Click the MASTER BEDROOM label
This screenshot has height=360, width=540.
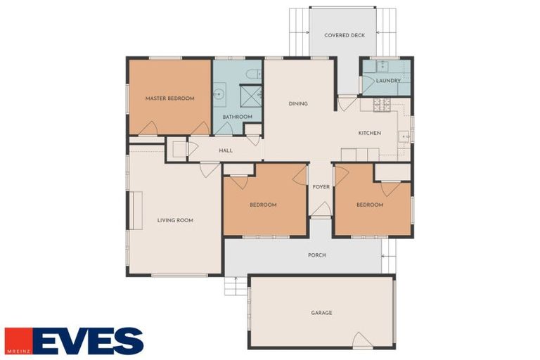pyautogui.click(x=169, y=98)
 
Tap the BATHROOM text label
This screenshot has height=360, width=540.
pyautogui.click(x=237, y=117)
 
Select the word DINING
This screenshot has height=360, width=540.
pyautogui.click(x=298, y=104)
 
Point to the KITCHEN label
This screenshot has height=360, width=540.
pyautogui.click(x=369, y=133)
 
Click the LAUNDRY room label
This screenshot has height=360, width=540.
pyautogui.click(x=388, y=81)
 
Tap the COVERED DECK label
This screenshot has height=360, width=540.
pyautogui.click(x=345, y=35)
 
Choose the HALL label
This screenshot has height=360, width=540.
pyautogui.click(x=226, y=150)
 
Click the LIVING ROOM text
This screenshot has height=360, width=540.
pyautogui.click(x=175, y=221)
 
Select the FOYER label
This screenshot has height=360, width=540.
pyautogui.click(x=321, y=187)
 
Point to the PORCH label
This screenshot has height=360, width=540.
pyautogui.click(x=317, y=255)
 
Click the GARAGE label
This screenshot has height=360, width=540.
pyautogui.click(x=321, y=313)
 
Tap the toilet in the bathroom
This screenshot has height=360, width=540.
pyautogui.click(x=252, y=73)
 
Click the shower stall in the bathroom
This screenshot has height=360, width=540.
pyautogui.click(x=250, y=95)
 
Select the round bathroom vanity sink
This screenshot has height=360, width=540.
pyautogui.click(x=219, y=93)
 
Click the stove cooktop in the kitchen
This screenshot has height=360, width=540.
pyautogui.click(x=381, y=105)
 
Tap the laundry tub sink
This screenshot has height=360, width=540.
pyautogui.click(x=381, y=67)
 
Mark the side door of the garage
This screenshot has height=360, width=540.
pyautogui.click(x=362, y=342)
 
